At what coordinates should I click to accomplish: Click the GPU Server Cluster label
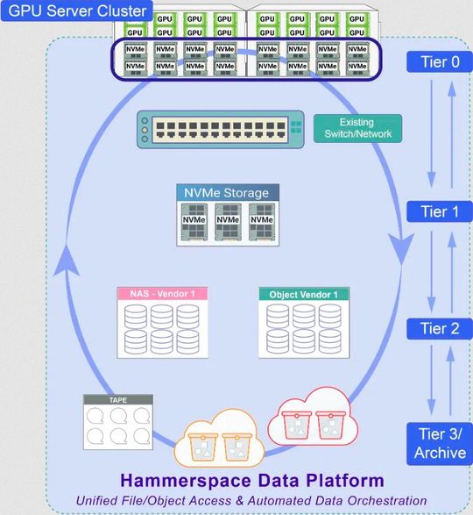[77, 14]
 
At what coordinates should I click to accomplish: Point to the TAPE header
[118, 400]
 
